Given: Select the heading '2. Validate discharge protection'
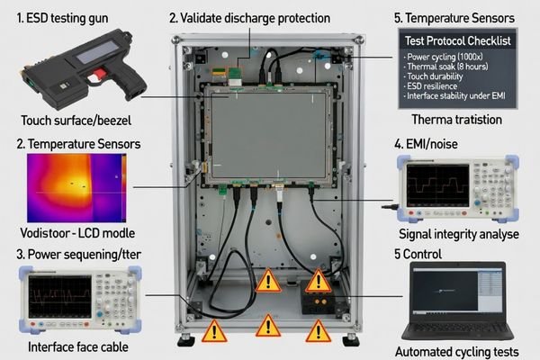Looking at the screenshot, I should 249,18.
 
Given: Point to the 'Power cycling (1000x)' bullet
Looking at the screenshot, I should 450,58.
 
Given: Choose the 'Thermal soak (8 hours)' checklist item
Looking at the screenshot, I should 451,68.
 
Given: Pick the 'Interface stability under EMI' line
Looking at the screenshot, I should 461,101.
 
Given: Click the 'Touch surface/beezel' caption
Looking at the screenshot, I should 71,120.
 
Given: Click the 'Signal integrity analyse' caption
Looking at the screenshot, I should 459,234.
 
